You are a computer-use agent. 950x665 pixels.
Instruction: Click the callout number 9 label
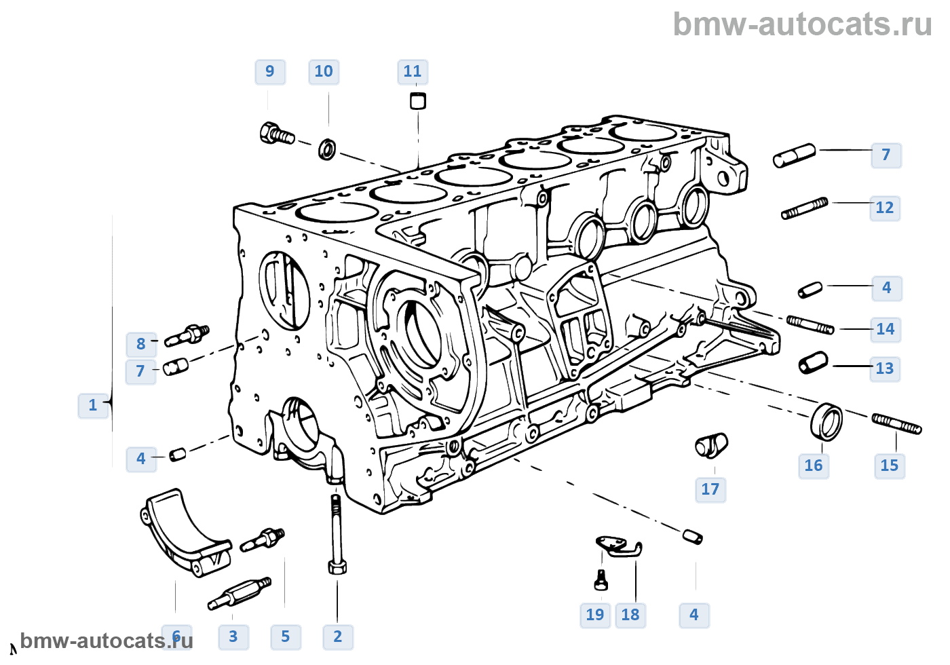(270, 72)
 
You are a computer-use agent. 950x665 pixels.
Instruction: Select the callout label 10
(324, 72)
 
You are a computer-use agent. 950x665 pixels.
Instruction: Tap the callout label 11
(413, 72)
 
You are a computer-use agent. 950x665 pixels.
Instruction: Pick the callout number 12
(885, 208)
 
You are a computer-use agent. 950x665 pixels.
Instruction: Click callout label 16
(814, 466)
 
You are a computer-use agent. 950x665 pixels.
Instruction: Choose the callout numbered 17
(710, 490)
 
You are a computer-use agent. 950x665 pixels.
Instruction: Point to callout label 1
(93, 406)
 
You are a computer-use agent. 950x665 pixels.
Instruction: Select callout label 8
(141, 345)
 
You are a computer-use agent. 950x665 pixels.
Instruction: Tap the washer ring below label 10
(327, 149)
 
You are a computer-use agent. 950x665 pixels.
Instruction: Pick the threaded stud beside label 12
(805, 208)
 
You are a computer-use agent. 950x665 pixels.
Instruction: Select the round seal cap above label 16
(826, 421)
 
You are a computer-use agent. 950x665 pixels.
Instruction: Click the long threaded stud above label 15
(896, 423)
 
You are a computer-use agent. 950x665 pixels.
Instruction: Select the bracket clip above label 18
(620, 546)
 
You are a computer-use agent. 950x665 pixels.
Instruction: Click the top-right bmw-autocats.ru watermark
(802, 24)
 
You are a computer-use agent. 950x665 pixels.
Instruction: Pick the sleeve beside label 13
(813, 362)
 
